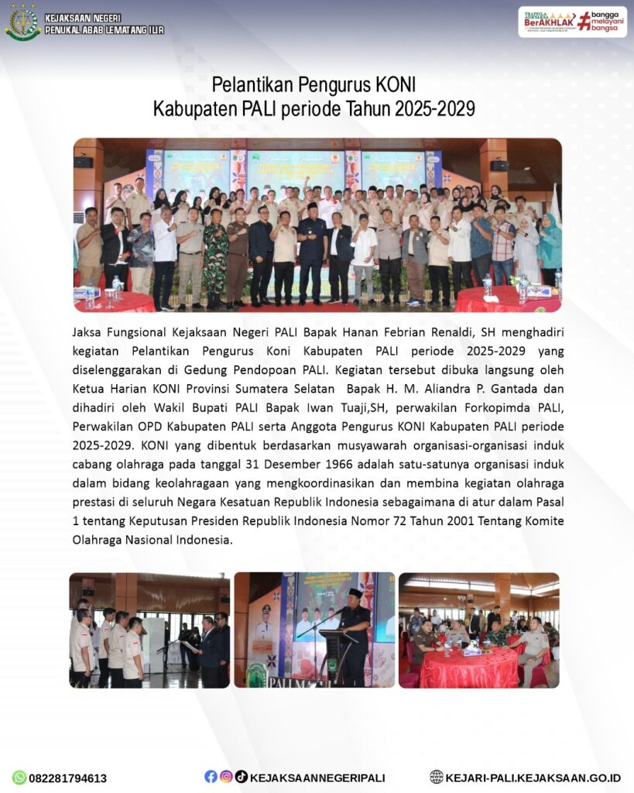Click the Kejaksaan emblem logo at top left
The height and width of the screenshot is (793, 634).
coord(22,22)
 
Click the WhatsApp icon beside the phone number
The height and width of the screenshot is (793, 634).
coord(19,778)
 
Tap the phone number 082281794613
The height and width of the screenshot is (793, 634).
coord(68,778)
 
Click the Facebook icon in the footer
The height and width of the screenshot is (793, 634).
coord(211,777)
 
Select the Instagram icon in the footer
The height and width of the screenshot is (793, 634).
coord(226,777)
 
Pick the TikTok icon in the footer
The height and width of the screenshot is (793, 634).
coord(241,777)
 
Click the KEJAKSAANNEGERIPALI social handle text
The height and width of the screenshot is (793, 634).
coord(317,778)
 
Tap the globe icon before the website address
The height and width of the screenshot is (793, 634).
coord(437,777)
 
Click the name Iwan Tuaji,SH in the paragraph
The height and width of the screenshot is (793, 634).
coord(351,407)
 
